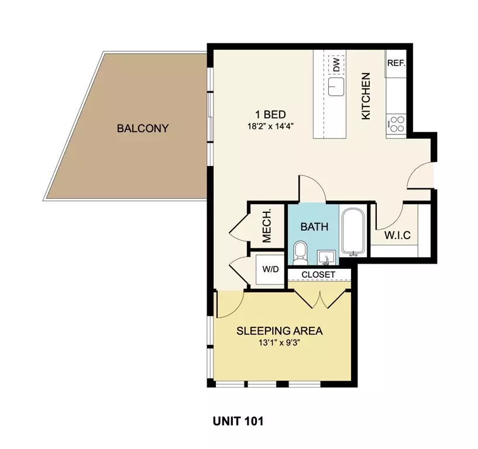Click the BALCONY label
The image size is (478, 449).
[143, 128]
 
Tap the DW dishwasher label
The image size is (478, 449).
[336, 64]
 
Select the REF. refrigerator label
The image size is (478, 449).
[396, 63]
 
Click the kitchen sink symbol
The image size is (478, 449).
[336, 87]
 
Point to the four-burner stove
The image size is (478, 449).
[396, 124]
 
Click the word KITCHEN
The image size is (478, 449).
[366, 96]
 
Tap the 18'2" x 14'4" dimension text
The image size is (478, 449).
[270, 126]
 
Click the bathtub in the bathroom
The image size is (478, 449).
[353, 231]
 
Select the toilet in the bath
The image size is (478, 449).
[300, 253]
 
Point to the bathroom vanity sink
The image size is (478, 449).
[326, 258]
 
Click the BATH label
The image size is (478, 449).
[314, 227]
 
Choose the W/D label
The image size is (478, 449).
[270, 270]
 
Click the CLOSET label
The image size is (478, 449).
[318, 274]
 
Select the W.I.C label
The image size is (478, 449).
[397, 236]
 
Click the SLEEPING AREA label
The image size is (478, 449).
[280, 331]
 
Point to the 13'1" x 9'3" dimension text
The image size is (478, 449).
[280, 343]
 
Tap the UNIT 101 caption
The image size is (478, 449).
[238, 422]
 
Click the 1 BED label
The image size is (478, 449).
[270, 115]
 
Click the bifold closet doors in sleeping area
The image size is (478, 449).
[320, 300]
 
